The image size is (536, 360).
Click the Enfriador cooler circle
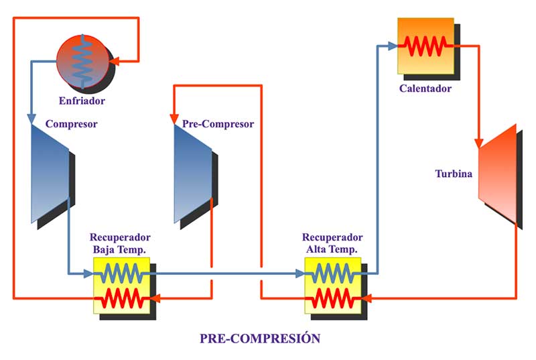coord(82,62)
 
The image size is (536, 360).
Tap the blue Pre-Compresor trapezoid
coord(192,173)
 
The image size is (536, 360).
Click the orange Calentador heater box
coord(425,46)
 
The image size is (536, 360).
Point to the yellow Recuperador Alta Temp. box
coord(332,285)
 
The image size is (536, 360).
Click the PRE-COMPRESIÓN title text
coord(260,339)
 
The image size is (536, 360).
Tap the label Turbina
coord(454,174)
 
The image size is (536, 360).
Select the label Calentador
coord(425,88)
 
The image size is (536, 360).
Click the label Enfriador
coord(82,101)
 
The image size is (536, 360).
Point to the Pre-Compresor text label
coord(218,124)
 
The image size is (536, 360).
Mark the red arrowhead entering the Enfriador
coord(113,62)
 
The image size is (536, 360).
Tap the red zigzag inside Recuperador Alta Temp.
coord(332,297)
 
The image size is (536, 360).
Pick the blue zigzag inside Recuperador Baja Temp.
coord(121,273)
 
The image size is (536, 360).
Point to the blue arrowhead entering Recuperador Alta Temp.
coord(300,273)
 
